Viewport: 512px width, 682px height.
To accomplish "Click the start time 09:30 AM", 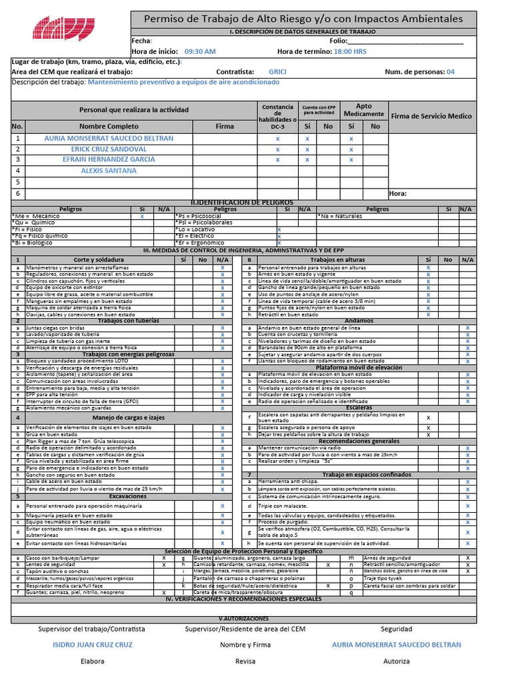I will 200,51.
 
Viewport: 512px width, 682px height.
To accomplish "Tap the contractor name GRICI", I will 278,72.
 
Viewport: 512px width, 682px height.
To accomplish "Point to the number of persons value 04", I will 451,72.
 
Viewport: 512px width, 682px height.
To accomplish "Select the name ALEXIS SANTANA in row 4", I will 108,170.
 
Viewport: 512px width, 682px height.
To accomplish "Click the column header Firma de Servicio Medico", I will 431,116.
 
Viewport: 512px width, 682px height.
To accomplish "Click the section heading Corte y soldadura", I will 98,260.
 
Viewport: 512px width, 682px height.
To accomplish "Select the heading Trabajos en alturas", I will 337,260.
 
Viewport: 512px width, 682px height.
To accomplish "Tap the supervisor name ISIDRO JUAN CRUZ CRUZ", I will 93,645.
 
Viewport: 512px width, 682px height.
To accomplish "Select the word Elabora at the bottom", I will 93,661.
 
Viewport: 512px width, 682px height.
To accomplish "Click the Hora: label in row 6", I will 398,194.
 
